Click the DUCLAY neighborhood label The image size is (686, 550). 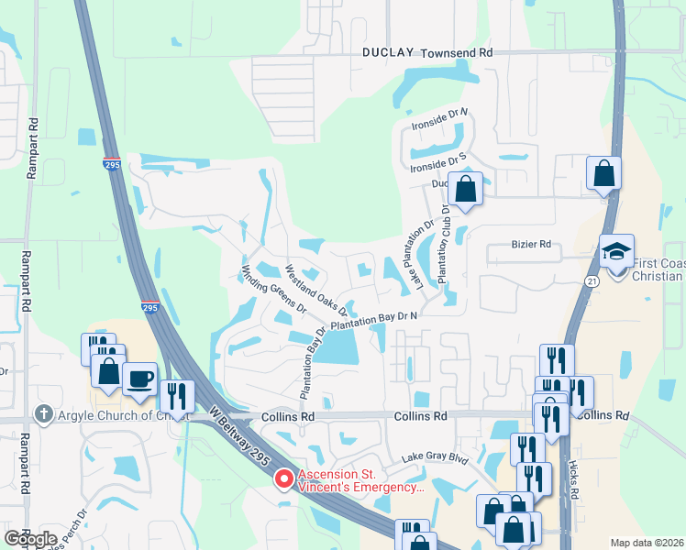(x=390, y=53)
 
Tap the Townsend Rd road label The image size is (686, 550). (x=458, y=53)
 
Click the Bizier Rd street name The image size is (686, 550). (x=532, y=246)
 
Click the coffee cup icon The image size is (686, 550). (x=139, y=378)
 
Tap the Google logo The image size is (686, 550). (x=30, y=539)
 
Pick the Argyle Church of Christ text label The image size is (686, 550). (x=113, y=415)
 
